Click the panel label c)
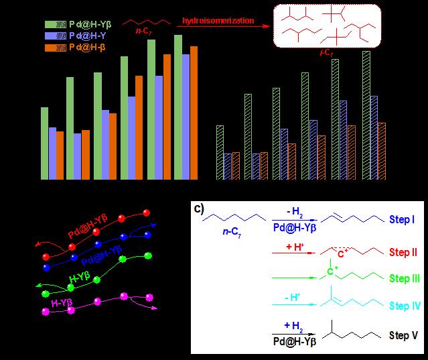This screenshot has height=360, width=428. (x=199, y=207)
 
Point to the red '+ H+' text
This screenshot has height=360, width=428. (x=293, y=247)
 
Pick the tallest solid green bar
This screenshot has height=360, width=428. (x=178, y=107)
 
